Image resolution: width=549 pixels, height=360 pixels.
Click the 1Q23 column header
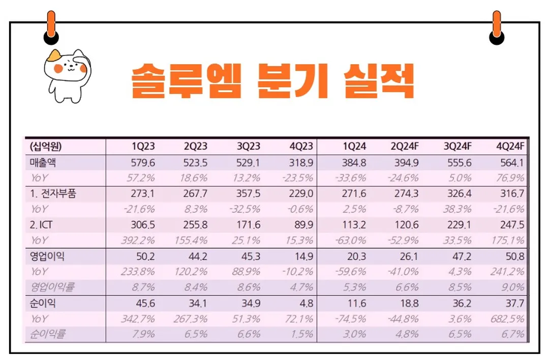pyautogui.click(x=143, y=147)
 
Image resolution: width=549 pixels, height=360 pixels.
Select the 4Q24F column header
pyautogui.click(x=510, y=147)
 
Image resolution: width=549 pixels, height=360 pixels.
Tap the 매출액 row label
pyautogui.click(x=43, y=163)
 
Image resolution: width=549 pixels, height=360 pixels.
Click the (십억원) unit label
pyautogui.click(x=46, y=147)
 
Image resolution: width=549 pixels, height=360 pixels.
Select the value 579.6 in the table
pyautogui.click(x=143, y=163)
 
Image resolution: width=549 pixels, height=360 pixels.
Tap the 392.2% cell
pyautogui.click(x=140, y=240)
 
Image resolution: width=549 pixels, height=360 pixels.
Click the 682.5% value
pyautogui.click(x=508, y=319)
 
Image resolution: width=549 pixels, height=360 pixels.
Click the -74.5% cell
pyautogui.click(x=352, y=319)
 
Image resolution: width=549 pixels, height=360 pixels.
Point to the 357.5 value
pyautogui.click(x=249, y=194)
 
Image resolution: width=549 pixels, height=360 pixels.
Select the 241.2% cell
pyautogui.click(x=508, y=272)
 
